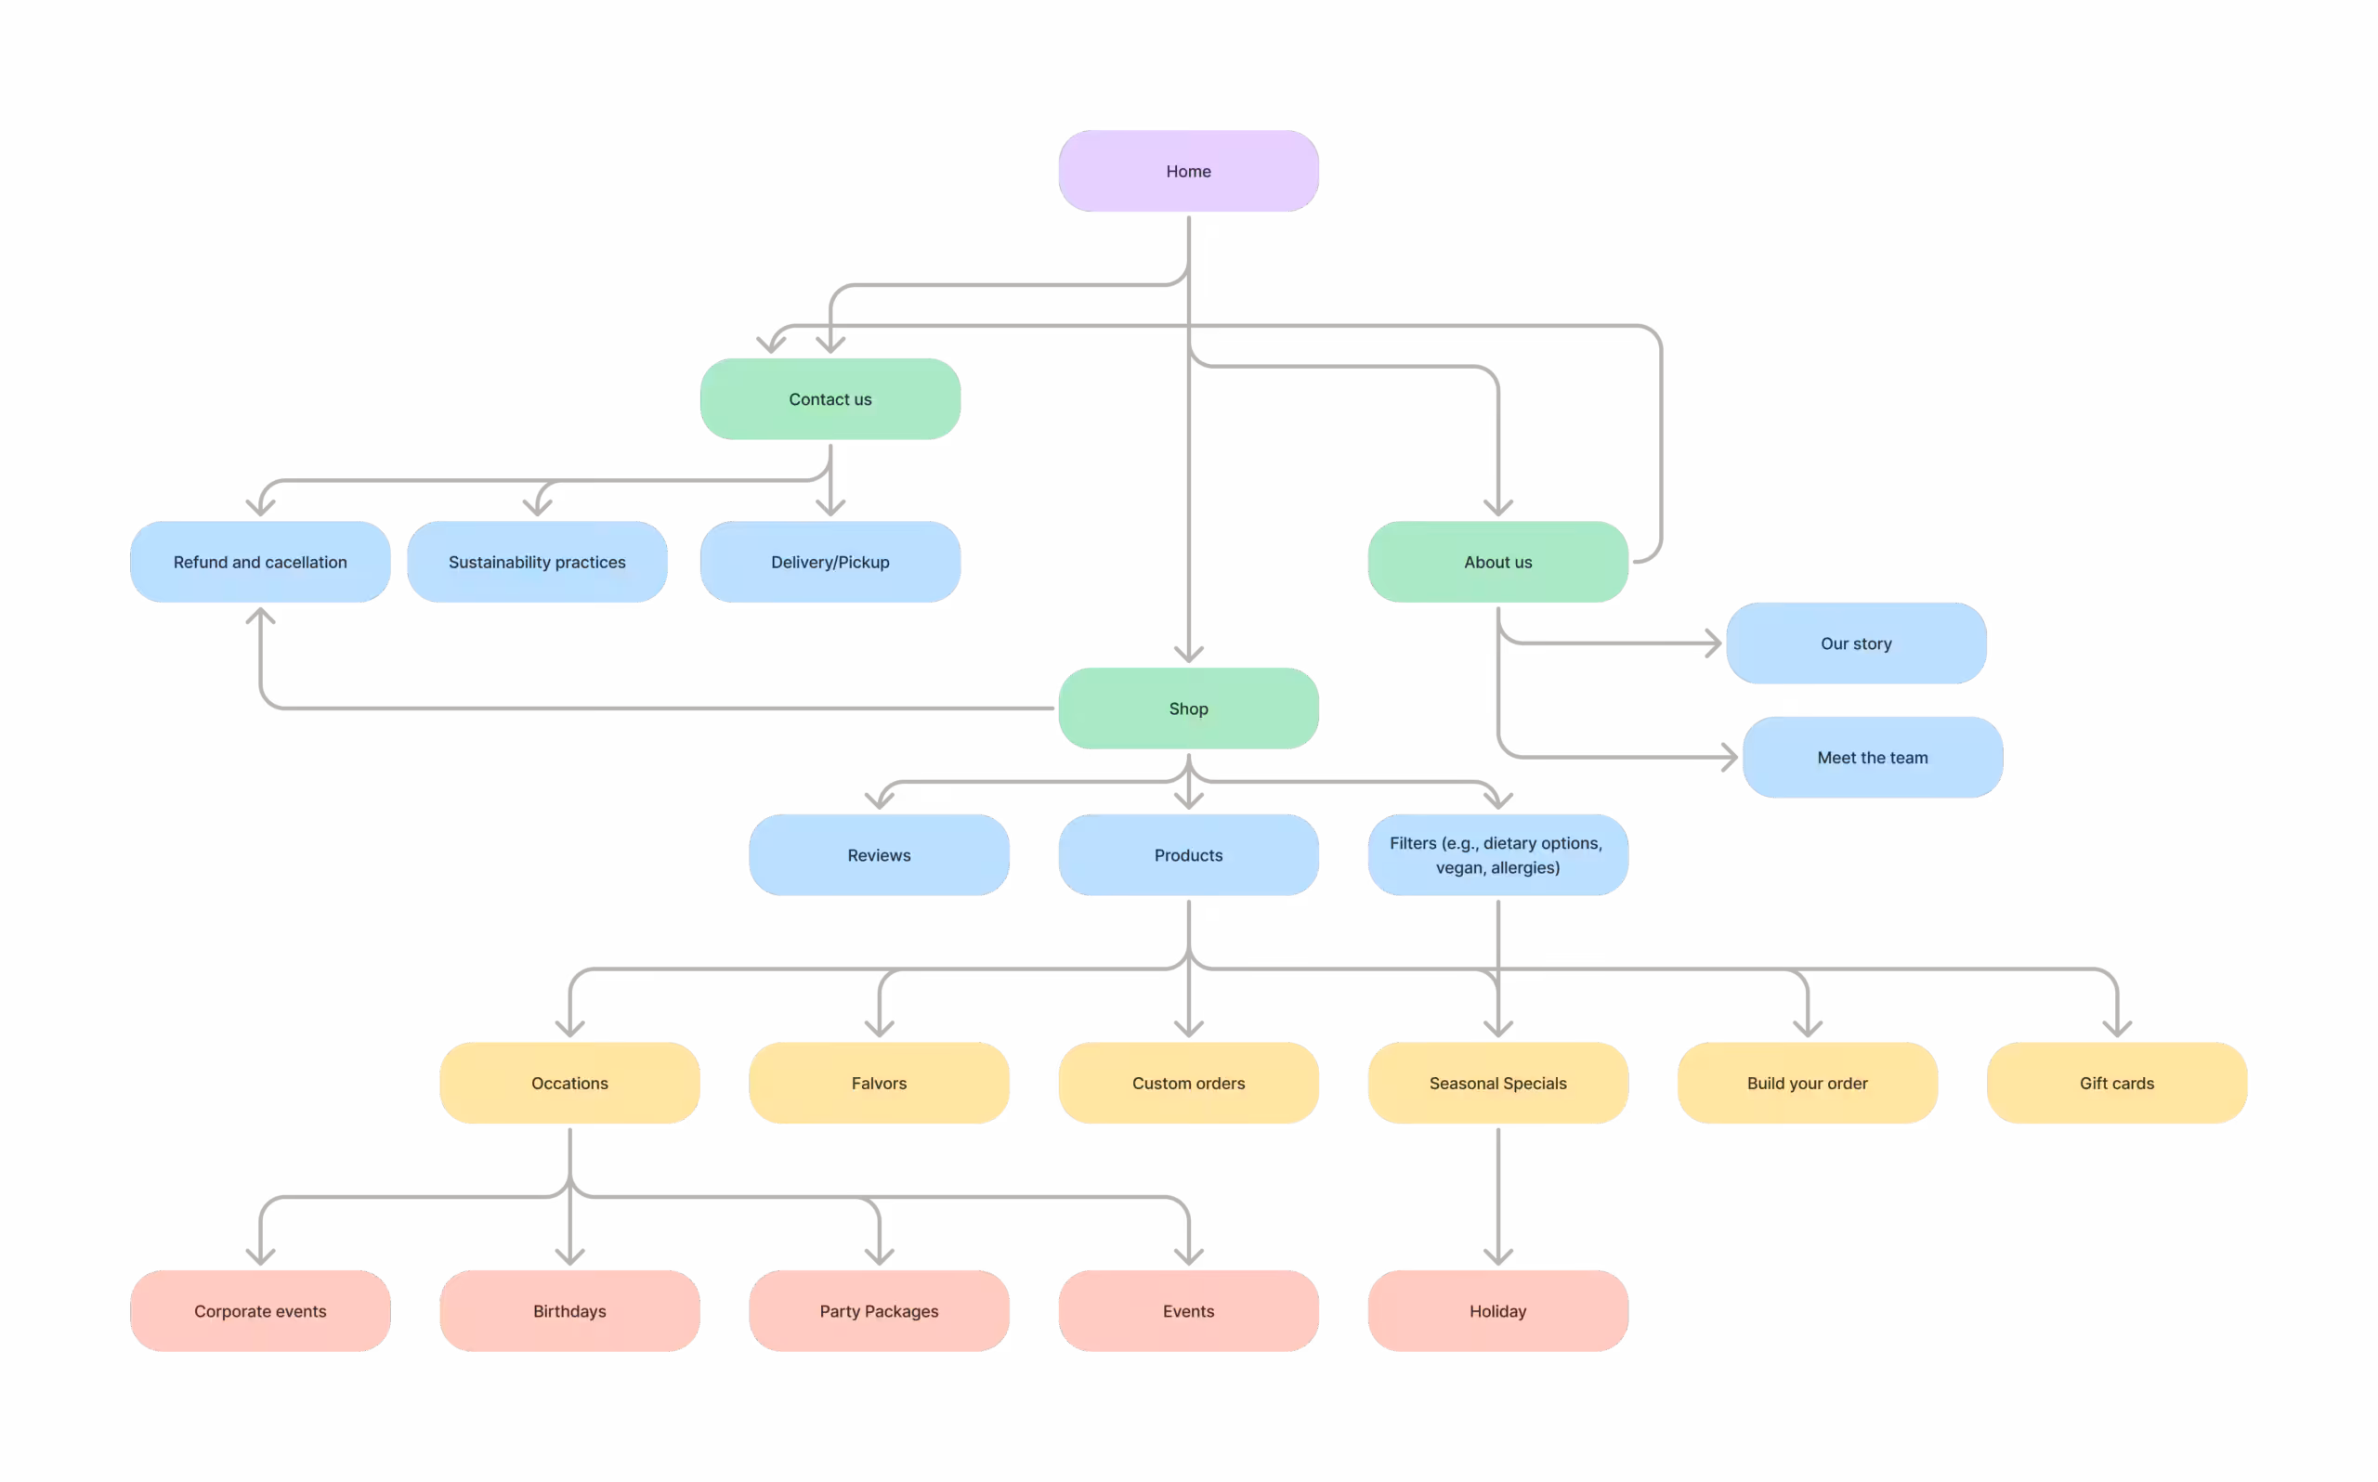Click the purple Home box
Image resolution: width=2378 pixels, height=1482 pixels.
(1188, 171)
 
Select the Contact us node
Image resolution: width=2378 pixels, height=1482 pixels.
(830, 399)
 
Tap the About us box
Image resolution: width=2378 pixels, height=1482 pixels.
(1497, 562)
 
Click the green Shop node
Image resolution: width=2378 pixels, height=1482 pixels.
(1188, 708)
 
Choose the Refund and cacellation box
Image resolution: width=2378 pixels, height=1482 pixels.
(260, 562)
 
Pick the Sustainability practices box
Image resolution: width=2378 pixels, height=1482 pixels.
(537, 562)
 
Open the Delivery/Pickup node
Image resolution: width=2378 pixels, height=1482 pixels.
(830, 562)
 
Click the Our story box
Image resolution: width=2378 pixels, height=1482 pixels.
(1857, 643)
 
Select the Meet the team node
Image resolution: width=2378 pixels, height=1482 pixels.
(1872, 758)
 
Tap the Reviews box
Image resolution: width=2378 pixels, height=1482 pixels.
(880, 854)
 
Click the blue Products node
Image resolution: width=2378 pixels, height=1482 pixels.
(1188, 854)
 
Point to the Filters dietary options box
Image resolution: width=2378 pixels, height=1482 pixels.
(1497, 854)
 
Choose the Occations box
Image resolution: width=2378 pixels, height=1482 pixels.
(569, 1083)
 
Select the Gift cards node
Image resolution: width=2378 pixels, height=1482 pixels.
(2117, 1083)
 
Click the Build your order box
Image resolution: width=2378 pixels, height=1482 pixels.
(1808, 1083)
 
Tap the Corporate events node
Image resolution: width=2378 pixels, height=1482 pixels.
(260, 1311)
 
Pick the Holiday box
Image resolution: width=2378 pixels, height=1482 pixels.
(1497, 1311)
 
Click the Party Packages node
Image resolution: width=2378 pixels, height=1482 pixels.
(880, 1311)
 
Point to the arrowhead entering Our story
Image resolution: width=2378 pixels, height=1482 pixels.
(1715, 643)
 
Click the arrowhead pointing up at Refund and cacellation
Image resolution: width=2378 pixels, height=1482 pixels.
(260, 615)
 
